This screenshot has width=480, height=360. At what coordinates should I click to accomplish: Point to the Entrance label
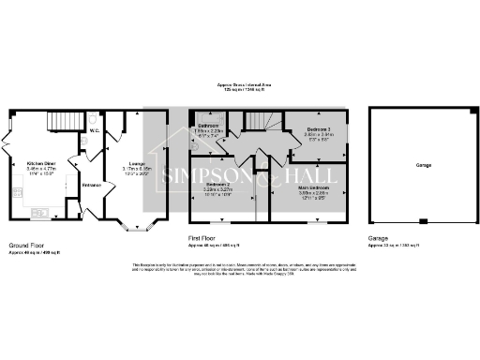click(x=91, y=185)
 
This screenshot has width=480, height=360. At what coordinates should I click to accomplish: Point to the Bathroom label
click(x=208, y=126)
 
